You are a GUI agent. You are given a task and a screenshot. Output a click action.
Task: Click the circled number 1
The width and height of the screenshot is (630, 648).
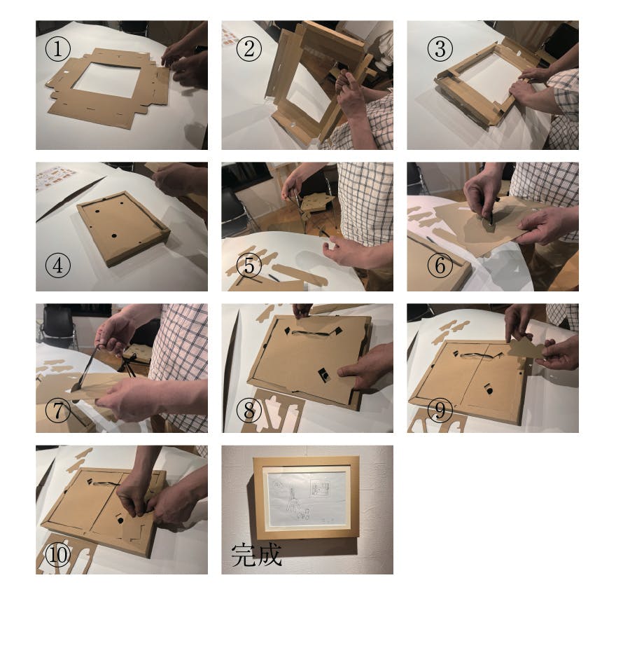coord(58,49)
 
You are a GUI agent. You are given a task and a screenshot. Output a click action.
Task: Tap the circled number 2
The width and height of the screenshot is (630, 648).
coord(249,49)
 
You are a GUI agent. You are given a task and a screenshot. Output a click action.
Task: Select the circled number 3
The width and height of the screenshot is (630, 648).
coord(440,49)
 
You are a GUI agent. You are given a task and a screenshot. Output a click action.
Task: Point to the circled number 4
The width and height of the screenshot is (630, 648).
coord(58,265)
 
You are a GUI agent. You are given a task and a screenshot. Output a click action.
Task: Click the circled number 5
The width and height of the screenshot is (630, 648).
coord(249,265)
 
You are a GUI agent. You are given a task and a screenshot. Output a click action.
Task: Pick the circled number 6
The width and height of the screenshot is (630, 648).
coord(440,265)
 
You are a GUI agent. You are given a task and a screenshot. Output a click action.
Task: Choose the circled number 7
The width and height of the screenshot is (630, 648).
coord(58,411)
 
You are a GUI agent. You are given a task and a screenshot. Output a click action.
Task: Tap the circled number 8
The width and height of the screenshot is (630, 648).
coord(249,411)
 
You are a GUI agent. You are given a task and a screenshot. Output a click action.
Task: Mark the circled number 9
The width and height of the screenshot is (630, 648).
coord(440,411)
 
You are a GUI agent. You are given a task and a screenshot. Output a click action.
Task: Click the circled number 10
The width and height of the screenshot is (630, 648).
coord(58,555)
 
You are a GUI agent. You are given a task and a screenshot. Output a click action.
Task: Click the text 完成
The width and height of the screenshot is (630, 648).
coord(256,555)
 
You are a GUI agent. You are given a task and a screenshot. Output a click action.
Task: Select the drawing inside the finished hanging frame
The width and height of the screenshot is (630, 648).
coord(309,498)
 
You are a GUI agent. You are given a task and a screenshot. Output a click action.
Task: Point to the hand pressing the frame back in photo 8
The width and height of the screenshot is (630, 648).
coord(363,367)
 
